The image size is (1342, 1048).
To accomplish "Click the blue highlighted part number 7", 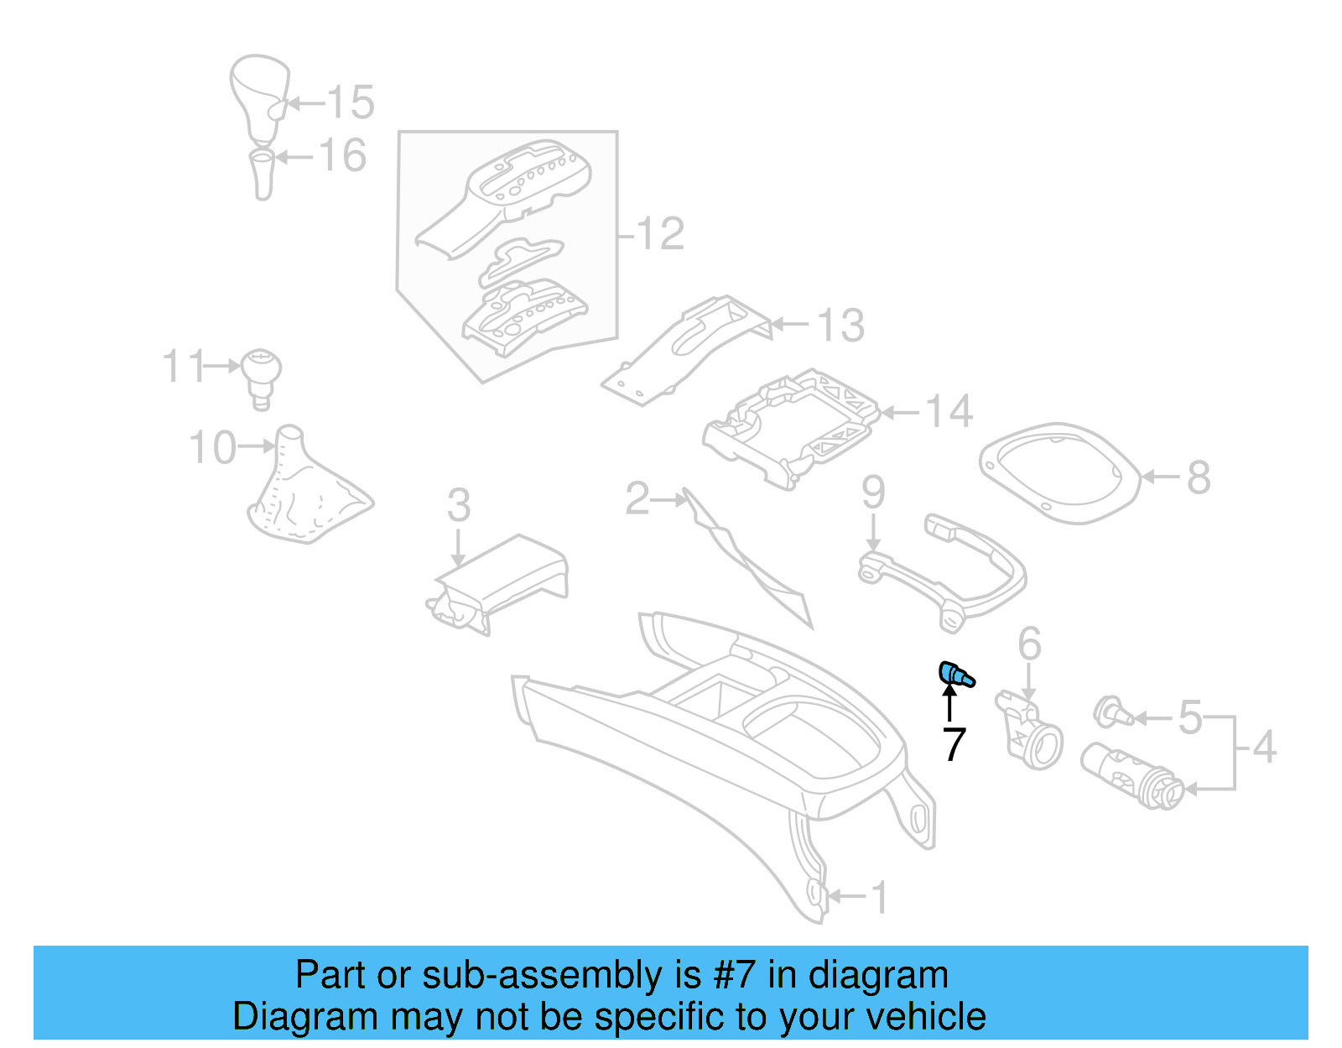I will point(955,674).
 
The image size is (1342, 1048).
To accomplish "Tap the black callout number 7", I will point(954,744).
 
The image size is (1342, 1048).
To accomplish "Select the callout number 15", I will point(350,103).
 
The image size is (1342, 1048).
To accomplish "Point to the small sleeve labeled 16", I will point(263,174).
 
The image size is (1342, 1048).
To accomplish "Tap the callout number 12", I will point(660,233).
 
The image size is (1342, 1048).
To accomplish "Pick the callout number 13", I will point(840,326).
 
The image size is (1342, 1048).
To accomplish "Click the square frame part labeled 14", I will point(793,428).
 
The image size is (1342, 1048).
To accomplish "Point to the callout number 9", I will point(873,492).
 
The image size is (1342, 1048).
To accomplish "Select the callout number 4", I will point(1264,747).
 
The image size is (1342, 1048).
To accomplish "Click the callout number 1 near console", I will point(878,898).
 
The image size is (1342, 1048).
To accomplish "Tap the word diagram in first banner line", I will point(878,975).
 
